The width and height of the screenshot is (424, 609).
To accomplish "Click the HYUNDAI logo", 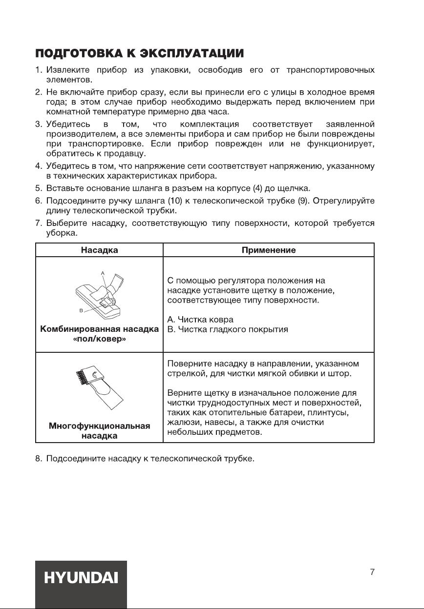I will tap(81, 579).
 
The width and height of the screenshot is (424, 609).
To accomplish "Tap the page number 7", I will tap(372, 572).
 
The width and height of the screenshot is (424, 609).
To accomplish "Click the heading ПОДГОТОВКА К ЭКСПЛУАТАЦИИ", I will tap(139, 52).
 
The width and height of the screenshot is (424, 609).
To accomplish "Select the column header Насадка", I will tap(99, 250).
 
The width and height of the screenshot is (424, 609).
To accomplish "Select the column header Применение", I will tap(269, 250).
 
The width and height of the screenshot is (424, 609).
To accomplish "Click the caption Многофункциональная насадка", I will tap(99, 431).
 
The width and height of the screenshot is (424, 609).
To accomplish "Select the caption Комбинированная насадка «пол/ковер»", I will tap(99, 334).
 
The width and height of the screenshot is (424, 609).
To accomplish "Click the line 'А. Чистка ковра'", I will tap(200, 320).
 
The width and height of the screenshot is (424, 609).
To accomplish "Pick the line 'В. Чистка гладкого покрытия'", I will tap(228, 329).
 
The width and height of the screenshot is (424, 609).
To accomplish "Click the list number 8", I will tap(38, 459).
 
